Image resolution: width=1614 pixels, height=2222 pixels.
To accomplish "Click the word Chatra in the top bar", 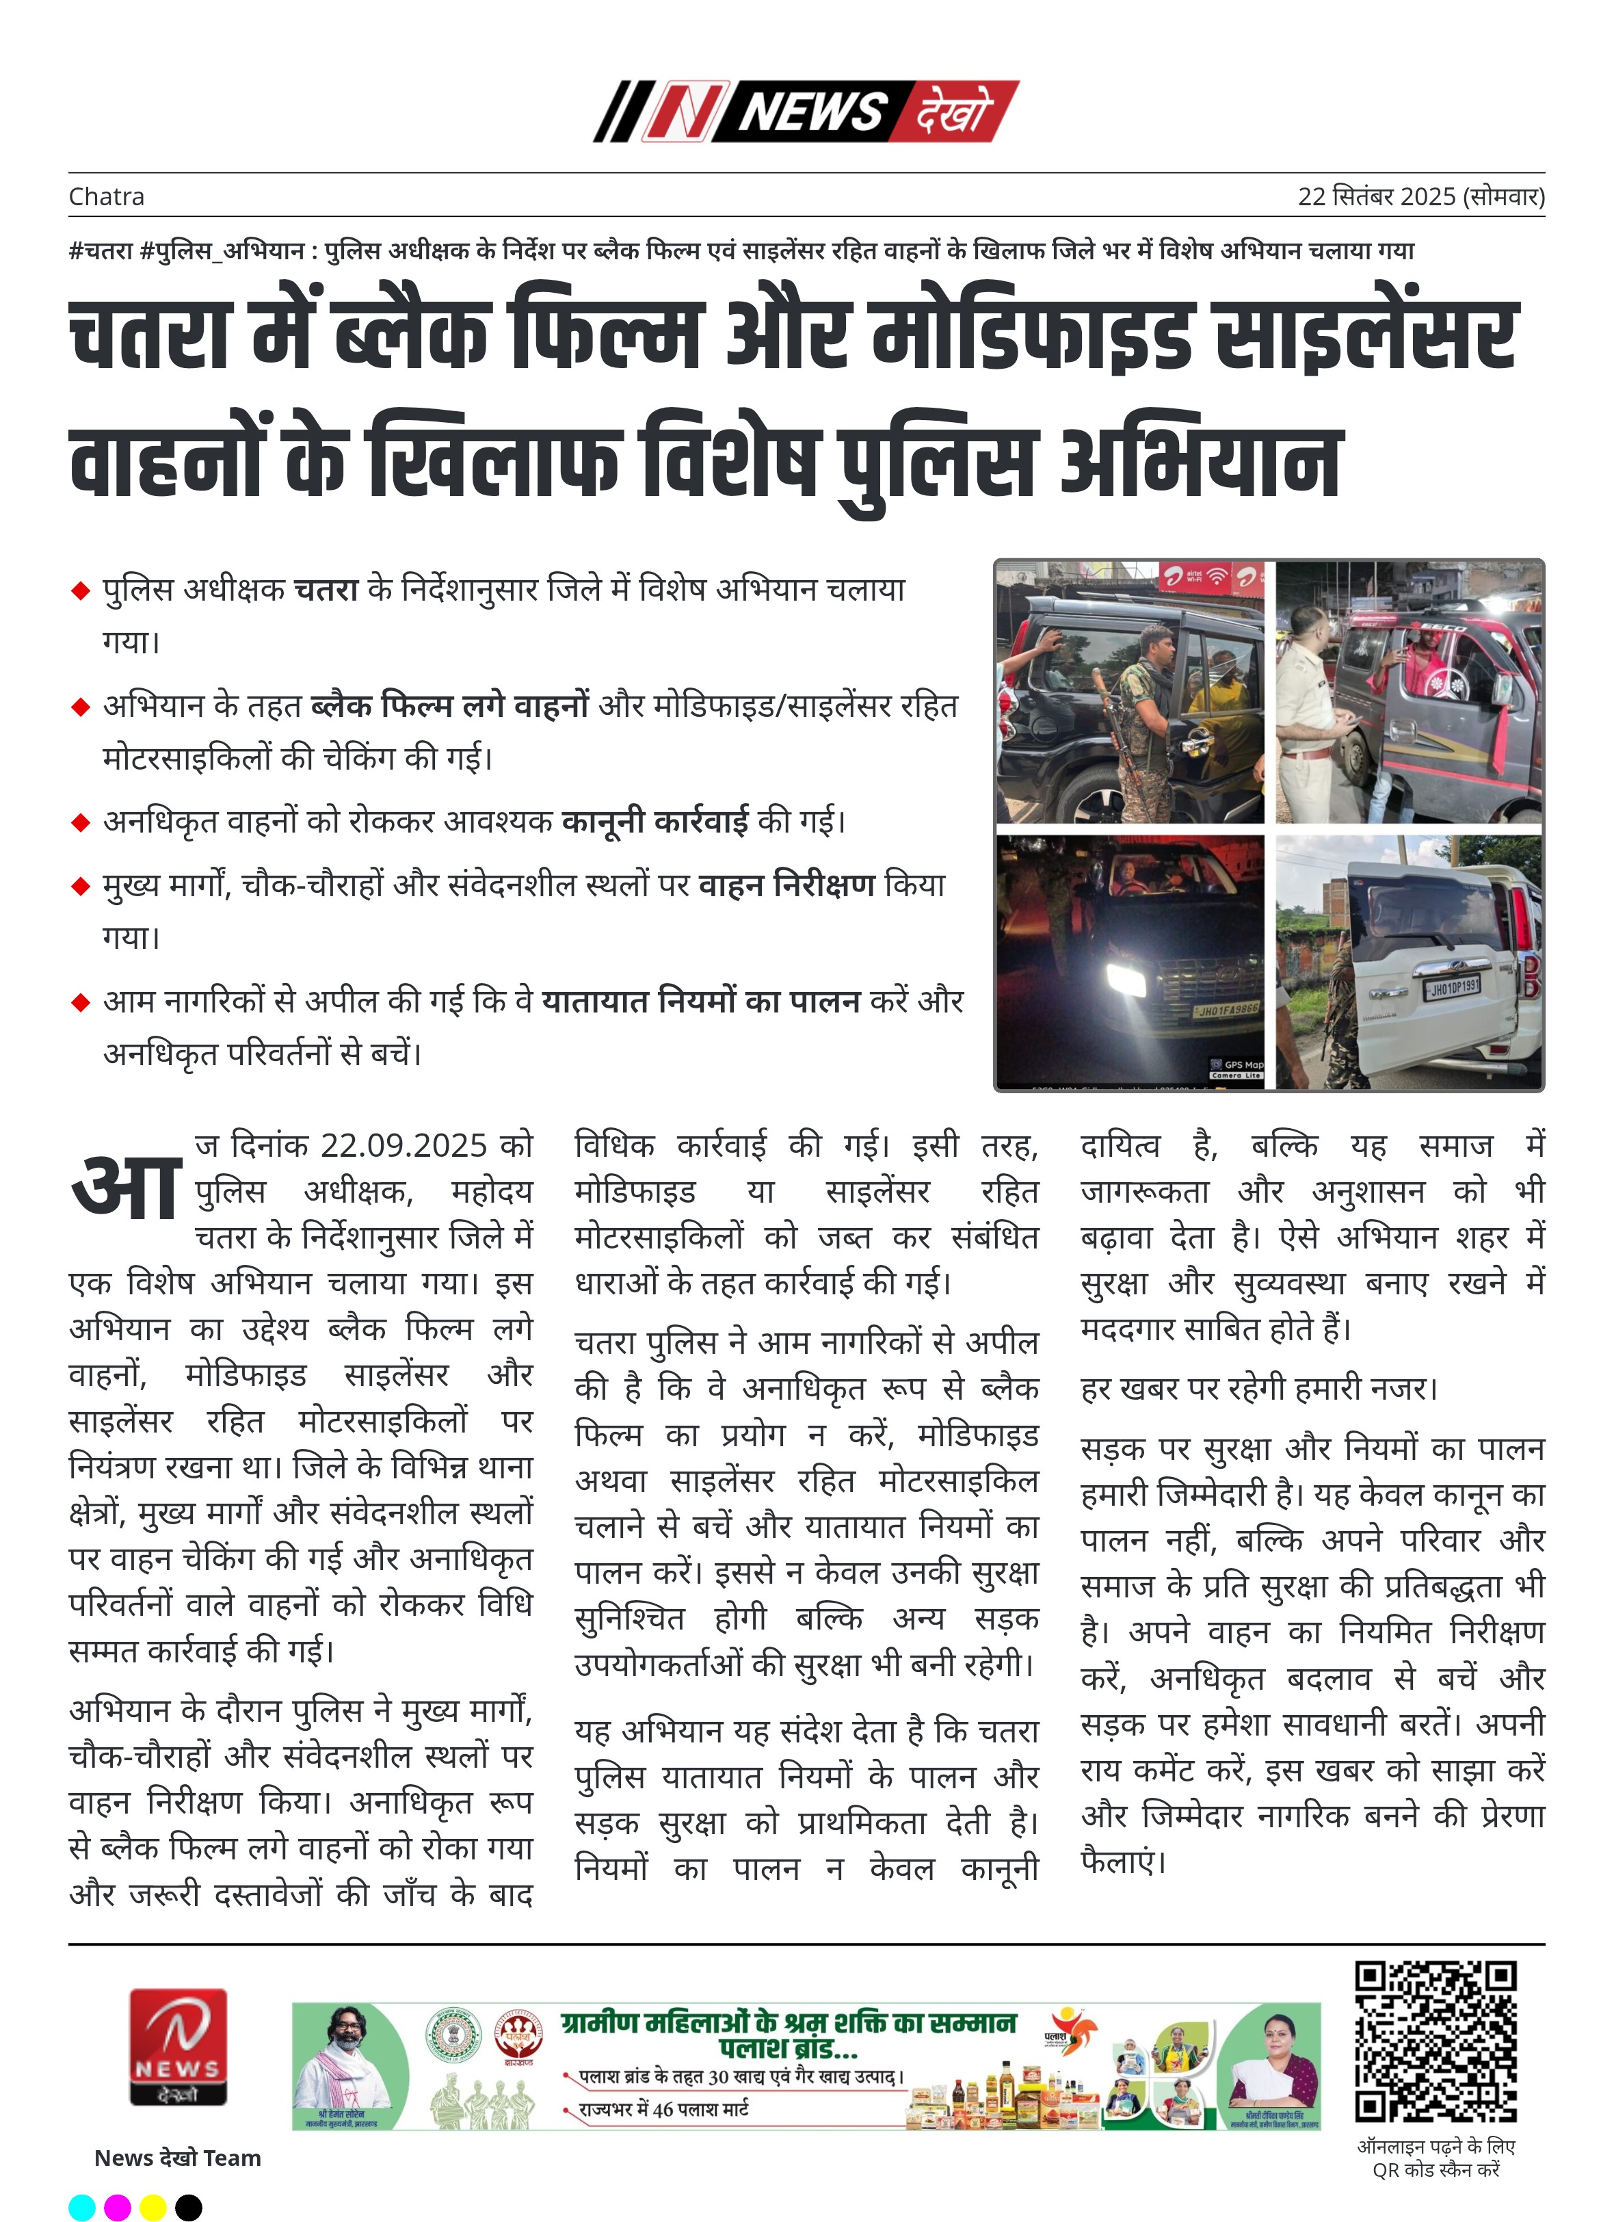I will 106,197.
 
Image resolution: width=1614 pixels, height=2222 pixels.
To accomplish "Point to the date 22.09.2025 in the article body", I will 403,1145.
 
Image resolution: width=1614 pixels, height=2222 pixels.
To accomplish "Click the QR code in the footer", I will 1435,2041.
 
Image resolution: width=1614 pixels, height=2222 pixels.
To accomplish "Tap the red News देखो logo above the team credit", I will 178,2045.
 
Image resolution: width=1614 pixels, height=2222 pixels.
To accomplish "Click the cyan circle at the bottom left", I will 82,2208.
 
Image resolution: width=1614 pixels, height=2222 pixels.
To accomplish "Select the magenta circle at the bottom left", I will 118,2208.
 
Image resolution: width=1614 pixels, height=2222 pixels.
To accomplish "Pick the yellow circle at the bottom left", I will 153,2208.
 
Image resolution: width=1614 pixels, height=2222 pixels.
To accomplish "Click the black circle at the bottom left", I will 188,2208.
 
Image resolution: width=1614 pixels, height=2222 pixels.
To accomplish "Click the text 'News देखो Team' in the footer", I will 177,2157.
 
